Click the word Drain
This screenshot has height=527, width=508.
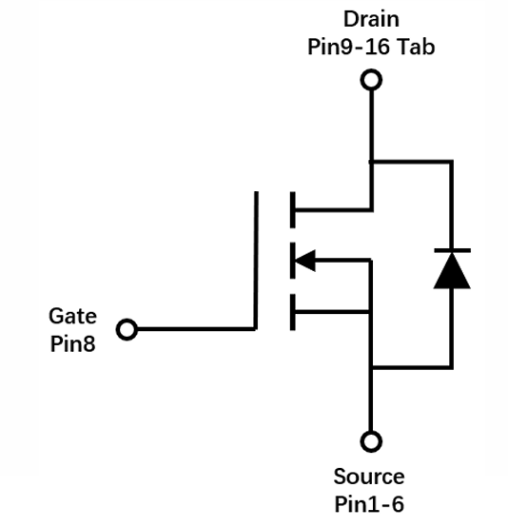click(x=371, y=19)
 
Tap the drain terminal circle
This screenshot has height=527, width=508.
click(x=371, y=80)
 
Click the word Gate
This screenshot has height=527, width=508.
click(x=72, y=316)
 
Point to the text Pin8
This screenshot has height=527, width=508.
click(x=72, y=343)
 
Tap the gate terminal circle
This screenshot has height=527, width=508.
click(x=127, y=329)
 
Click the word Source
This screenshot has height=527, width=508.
click(x=369, y=477)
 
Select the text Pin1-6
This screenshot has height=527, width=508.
click(x=369, y=504)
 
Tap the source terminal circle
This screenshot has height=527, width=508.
click(x=371, y=441)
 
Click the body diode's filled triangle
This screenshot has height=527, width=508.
click(x=452, y=271)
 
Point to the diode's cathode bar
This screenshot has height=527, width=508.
click(x=452, y=250)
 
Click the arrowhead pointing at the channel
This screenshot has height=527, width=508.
click(x=305, y=261)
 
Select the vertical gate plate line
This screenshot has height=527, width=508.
click(x=256, y=261)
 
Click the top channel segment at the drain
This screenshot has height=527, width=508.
click(x=292, y=209)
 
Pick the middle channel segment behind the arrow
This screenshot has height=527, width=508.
click(x=292, y=261)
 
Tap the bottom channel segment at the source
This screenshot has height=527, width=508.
click(x=292, y=312)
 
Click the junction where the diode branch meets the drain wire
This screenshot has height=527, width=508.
click(x=371, y=162)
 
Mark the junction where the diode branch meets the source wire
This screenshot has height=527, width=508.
click(x=371, y=367)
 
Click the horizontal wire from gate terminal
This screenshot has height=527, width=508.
click(x=196, y=329)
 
